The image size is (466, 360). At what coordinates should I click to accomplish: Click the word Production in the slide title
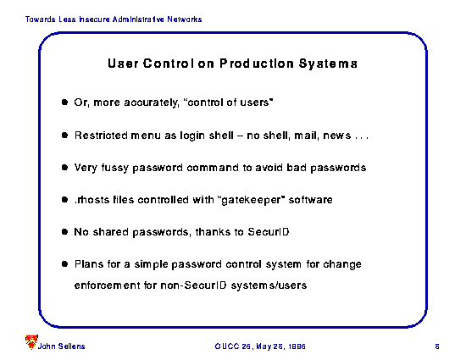click(257, 64)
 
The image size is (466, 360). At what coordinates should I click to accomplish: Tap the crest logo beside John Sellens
click(31, 342)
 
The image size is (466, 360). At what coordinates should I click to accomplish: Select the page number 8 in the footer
click(437, 346)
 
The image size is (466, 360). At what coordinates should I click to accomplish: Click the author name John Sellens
click(61, 346)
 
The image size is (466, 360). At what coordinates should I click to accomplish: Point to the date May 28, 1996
click(280, 346)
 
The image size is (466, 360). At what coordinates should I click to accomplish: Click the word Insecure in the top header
click(94, 19)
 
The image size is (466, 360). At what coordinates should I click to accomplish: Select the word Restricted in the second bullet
click(101, 136)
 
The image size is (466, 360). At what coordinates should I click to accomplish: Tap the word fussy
click(114, 168)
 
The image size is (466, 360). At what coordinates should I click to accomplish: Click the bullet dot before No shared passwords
click(64, 232)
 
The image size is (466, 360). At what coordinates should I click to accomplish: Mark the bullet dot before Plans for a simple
click(64, 263)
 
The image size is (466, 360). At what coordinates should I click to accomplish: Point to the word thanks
click(213, 232)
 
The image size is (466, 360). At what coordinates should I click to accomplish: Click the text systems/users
click(269, 285)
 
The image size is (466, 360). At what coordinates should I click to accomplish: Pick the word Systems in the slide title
click(328, 64)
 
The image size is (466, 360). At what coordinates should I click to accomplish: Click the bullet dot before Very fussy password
click(64, 167)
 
